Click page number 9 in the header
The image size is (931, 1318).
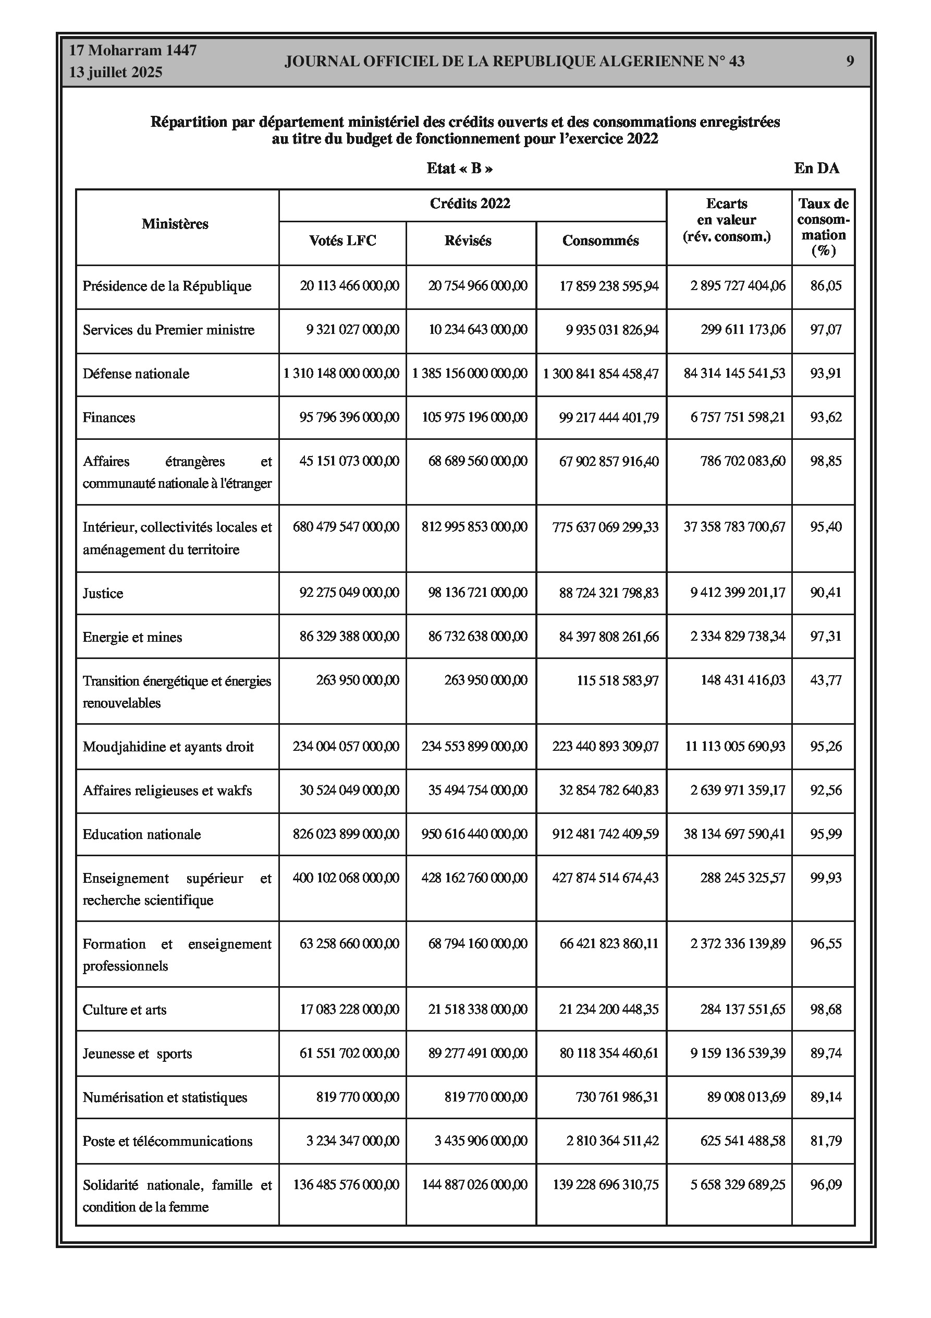coord(850,62)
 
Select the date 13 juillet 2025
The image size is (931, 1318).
coord(115,73)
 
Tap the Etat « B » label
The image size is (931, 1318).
coord(459,168)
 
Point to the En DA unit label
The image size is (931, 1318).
coord(816,168)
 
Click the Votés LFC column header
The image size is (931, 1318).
coord(342,241)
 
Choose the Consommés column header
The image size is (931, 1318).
coord(600,241)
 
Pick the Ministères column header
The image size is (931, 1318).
coord(175,224)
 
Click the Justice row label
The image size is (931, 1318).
coord(103,593)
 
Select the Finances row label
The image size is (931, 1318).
coord(108,417)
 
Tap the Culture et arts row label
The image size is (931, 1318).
coord(125,1010)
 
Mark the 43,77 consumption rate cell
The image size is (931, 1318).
coord(826,680)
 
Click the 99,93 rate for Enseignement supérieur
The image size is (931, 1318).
coord(826,878)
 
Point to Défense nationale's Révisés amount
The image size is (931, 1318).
coord(470,374)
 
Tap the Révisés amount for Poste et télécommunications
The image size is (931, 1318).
coord(481,1141)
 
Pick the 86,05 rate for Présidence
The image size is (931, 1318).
coord(826,286)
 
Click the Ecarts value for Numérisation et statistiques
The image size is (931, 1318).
coord(746,1097)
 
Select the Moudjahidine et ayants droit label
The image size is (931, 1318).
coord(168,747)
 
